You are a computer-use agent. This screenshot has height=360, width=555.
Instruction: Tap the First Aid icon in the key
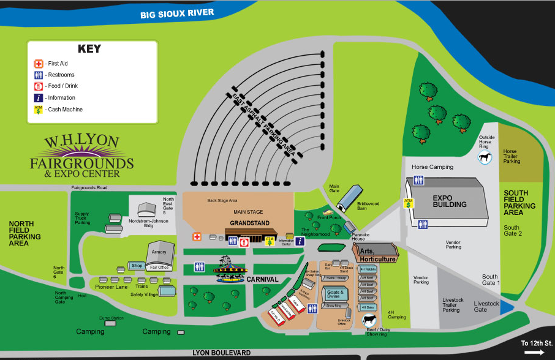click(38, 64)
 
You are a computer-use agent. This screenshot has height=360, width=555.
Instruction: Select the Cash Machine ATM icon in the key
click(38, 110)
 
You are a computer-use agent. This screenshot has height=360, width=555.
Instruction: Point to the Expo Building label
click(450, 201)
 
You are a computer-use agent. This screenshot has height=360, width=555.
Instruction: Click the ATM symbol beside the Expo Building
click(407, 203)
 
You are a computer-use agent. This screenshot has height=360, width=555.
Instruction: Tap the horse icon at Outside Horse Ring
click(485, 157)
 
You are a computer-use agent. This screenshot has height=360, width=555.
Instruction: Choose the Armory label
click(159, 252)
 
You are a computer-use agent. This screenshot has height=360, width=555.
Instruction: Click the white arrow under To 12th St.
click(534, 352)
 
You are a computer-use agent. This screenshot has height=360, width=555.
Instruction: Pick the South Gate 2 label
click(512, 230)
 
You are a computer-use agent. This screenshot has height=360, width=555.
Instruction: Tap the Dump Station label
click(111, 318)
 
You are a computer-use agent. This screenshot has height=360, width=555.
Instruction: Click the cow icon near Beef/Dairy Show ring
click(369, 320)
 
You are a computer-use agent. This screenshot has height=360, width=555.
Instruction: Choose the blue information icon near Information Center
click(300, 241)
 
